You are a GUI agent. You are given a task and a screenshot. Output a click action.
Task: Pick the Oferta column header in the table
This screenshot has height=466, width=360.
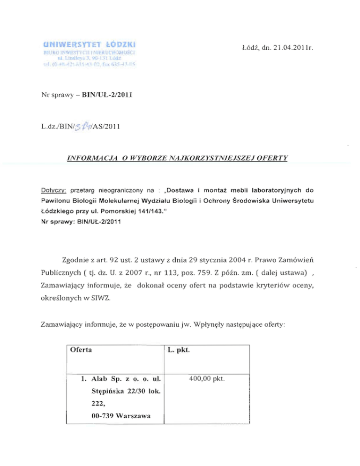tap(80, 350)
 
